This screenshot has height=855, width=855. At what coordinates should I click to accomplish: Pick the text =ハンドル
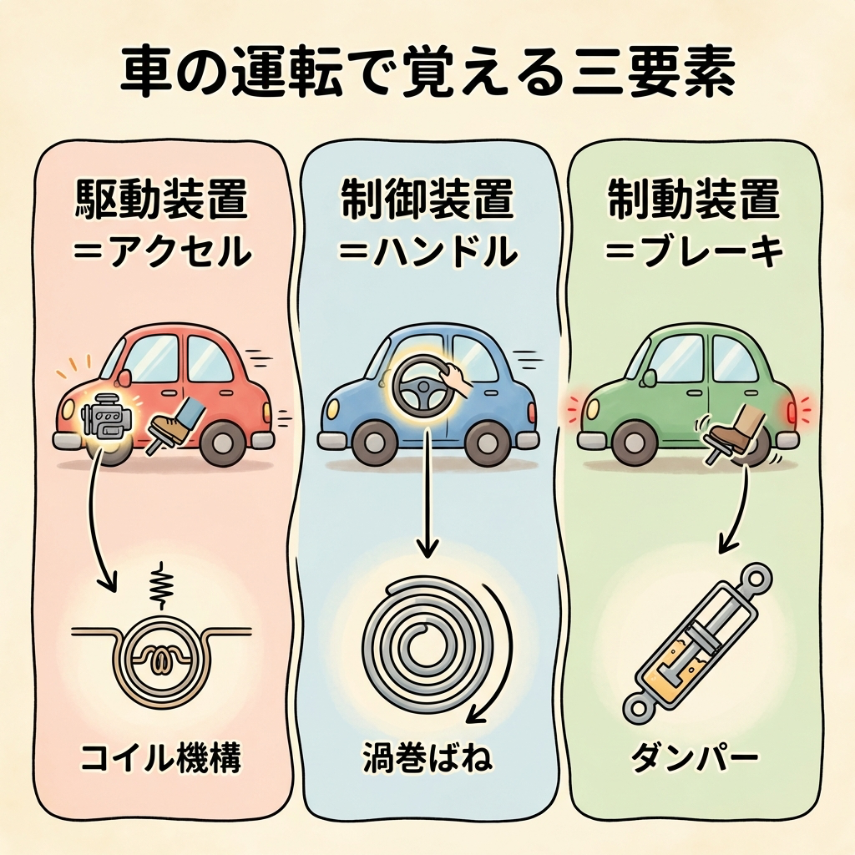tap(427, 250)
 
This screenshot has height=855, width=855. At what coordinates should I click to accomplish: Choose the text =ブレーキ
tap(695, 250)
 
